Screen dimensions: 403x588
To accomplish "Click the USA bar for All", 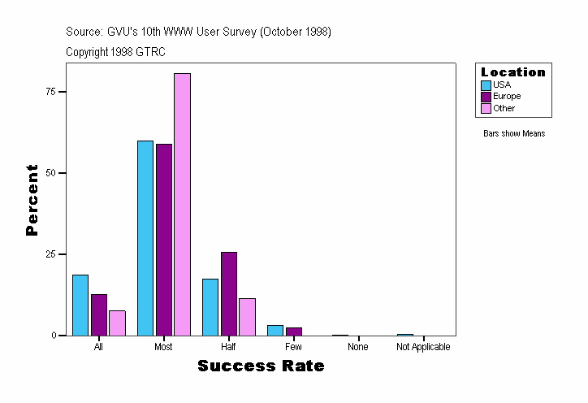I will coord(80,305).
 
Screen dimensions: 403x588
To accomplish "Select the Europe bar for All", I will coord(99,314).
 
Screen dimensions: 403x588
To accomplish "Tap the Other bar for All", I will coord(117,323).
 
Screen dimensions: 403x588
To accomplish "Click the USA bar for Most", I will coord(145,238).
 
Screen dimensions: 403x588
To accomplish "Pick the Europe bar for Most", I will coord(164,240).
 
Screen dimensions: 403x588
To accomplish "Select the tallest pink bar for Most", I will coord(182,204).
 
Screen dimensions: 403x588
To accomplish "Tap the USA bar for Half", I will coord(210,307).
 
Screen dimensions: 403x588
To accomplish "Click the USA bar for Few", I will coord(275,330).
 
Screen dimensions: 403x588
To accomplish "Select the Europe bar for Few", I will coord(294,331).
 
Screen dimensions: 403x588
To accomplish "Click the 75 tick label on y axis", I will coord(50,92).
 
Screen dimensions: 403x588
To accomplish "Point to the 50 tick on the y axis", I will coord(50,173).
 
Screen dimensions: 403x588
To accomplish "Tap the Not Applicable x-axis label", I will coord(423,347).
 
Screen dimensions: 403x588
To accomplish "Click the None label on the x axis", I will coord(358,347).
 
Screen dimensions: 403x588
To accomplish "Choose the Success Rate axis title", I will coord(261,366).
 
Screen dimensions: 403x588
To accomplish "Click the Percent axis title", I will coord(32,200).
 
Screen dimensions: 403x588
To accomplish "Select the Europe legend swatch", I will coord(486,97).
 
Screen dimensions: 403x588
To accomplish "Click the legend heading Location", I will coord(513,72).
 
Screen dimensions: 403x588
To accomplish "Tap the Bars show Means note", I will coord(514,134).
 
